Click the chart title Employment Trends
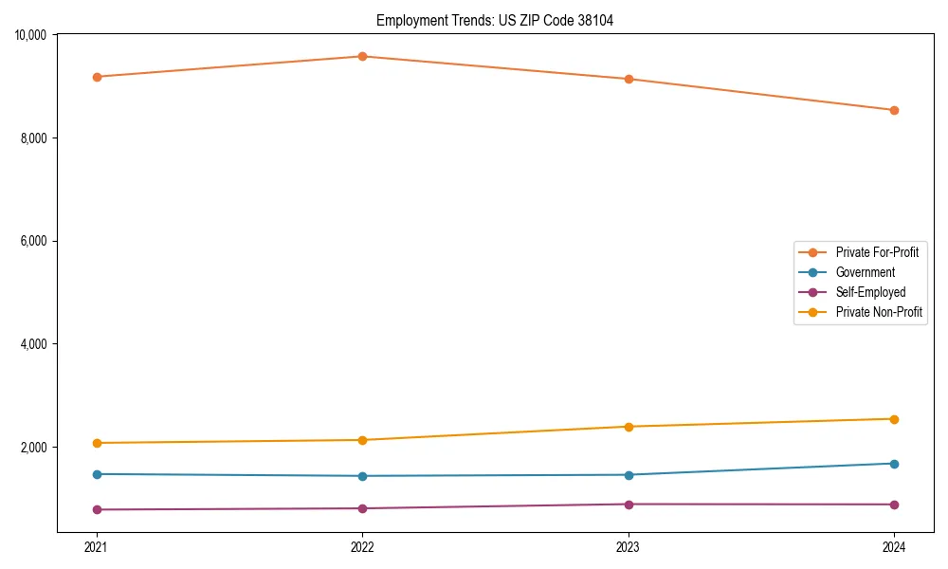click(x=494, y=20)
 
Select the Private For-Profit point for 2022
click(x=362, y=56)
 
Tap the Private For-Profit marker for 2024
click(x=894, y=110)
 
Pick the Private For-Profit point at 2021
click(x=96, y=77)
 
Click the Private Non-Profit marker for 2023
click(x=628, y=427)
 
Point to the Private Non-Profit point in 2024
click(x=894, y=419)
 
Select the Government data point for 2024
click(x=894, y=464)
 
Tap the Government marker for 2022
click(x=362, y=476)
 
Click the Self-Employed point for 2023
click(x=628, y=505)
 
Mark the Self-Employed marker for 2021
click(x=96, y=510)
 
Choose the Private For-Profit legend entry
click(x=876, y=252)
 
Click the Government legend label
click(x=865, y=272)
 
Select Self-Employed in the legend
click(x=870, y=292)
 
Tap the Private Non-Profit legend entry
click(x=879, y=312)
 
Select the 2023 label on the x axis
click(x=628, y=546)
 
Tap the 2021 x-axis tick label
click(x=96, y=546)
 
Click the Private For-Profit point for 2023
click(x=628, y=79)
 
